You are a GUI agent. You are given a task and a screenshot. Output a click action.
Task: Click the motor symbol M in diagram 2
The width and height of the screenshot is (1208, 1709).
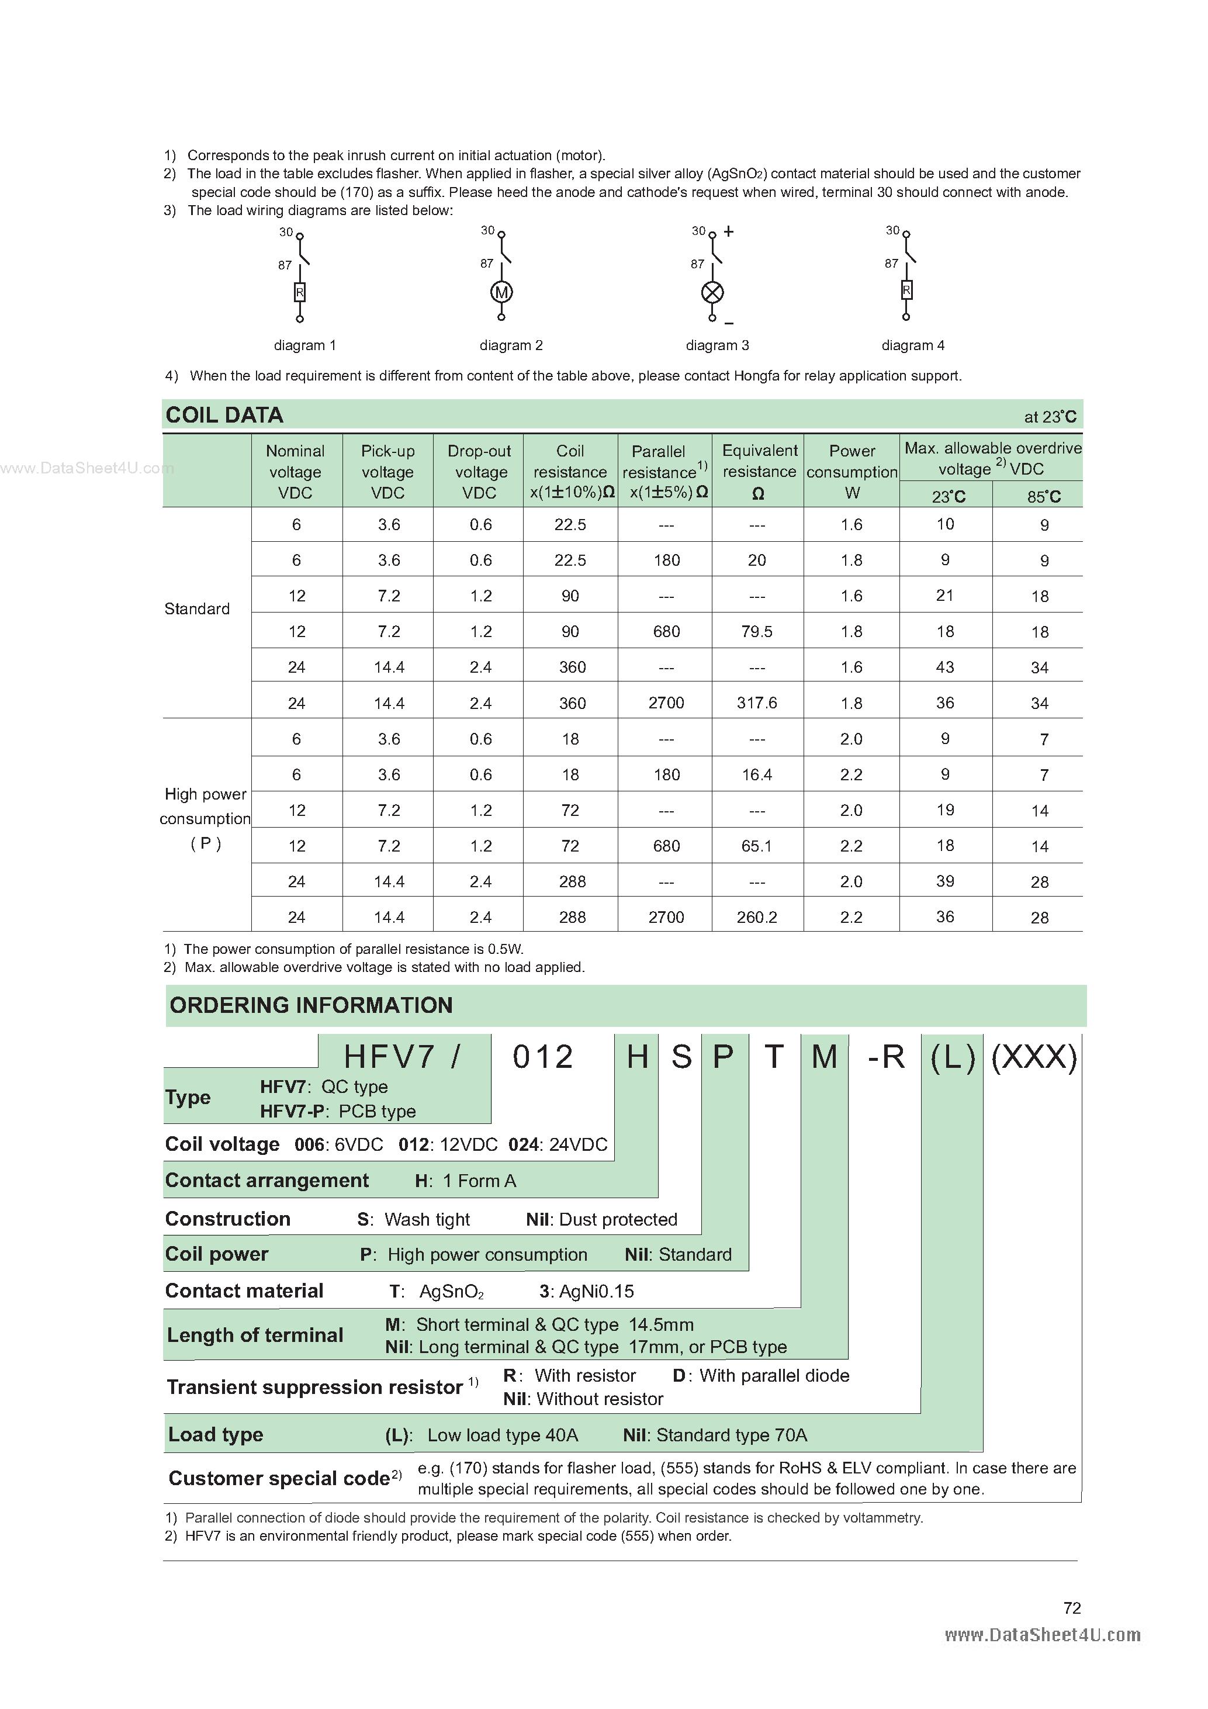(501, 292)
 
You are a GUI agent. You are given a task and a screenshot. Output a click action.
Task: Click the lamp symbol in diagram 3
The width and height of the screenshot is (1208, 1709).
(712, 292)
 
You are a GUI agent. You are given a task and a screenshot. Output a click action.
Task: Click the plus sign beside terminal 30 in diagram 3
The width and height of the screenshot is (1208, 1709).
(729, 231)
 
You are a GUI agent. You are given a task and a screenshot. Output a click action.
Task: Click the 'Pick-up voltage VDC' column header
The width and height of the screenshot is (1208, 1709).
(388, 472)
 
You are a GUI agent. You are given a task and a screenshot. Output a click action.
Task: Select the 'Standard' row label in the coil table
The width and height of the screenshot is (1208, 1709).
(197, 609)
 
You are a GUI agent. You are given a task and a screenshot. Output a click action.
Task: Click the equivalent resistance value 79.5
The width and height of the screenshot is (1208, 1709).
(757, 632)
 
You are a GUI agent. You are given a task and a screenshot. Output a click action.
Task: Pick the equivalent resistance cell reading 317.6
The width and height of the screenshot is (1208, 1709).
(757, 703)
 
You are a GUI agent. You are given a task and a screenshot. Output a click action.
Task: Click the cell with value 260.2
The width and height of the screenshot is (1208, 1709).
(757, 918)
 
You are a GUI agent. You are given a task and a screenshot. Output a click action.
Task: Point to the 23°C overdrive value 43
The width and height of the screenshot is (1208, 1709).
(944, 667)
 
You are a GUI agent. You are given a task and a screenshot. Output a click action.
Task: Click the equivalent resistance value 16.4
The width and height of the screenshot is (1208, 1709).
(757, 775)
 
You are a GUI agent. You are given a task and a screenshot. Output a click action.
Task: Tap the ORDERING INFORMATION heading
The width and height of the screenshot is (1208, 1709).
(311, 1006)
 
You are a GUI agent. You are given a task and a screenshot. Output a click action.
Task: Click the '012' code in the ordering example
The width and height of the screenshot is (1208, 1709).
(542, 1057)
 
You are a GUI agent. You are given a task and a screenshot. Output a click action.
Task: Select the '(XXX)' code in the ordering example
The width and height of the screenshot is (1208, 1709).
(1034, 1057)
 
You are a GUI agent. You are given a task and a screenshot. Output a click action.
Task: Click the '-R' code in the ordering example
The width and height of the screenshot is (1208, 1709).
(886, 1057)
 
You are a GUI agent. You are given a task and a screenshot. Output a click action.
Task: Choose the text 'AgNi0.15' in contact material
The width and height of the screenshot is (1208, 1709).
(596, 1292)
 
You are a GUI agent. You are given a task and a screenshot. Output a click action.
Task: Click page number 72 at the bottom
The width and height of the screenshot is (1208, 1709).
(1072, 1608)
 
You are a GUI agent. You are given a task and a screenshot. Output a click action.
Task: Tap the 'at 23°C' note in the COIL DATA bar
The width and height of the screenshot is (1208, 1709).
(1050, 417)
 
